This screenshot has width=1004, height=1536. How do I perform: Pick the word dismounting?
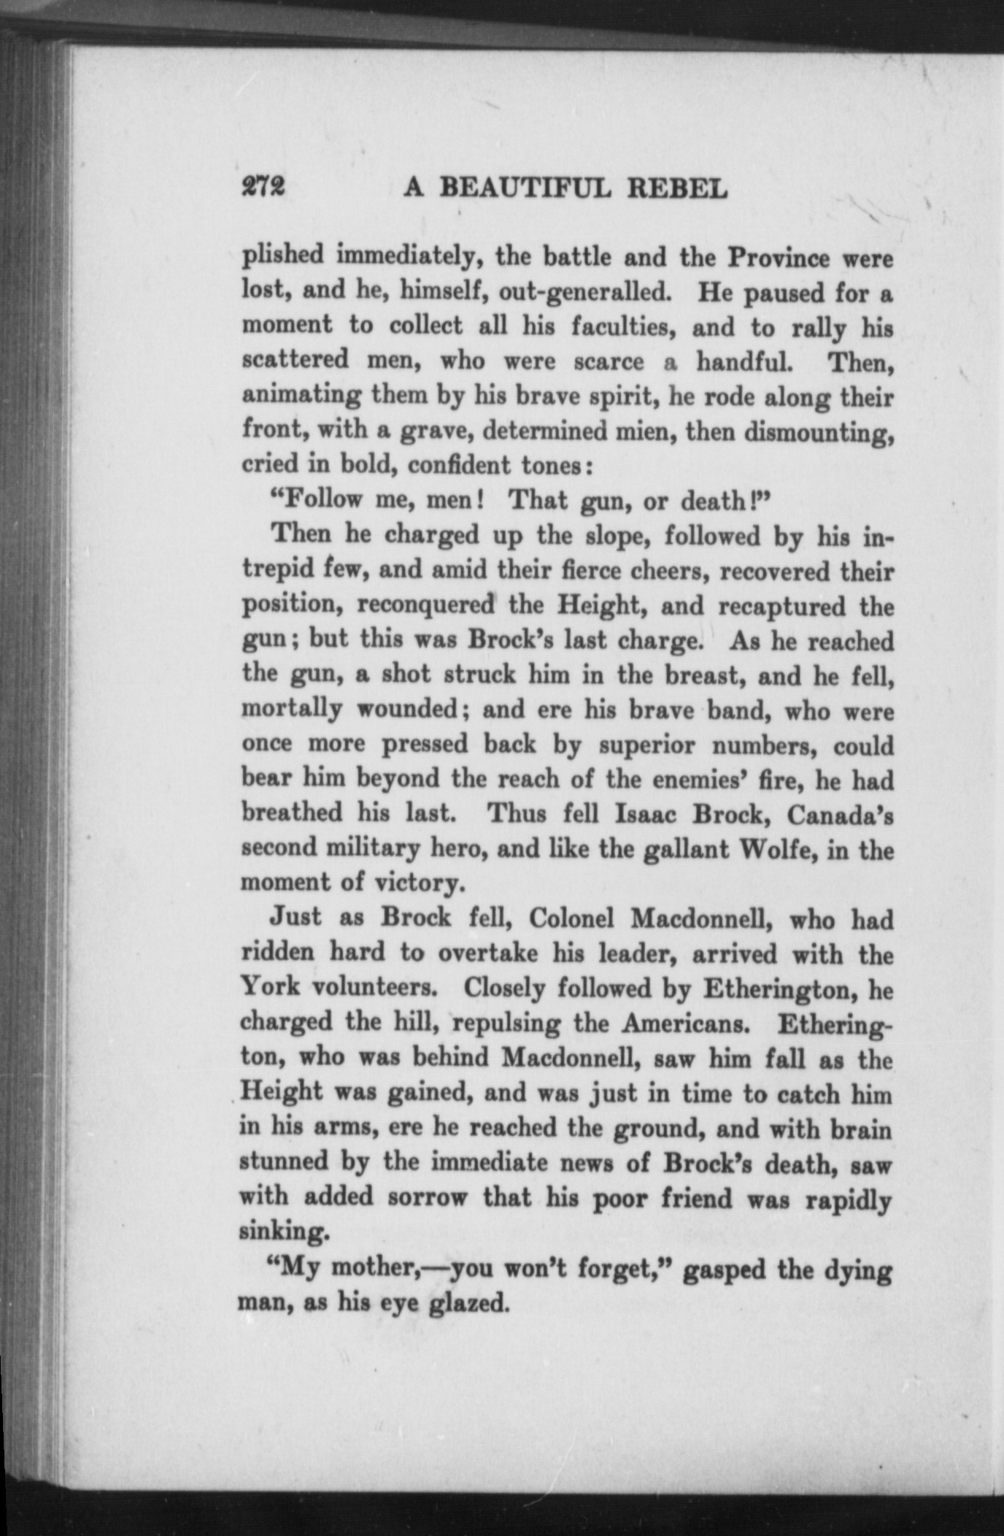coord(819,432)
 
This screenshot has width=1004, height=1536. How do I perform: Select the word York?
coord(269,987)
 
